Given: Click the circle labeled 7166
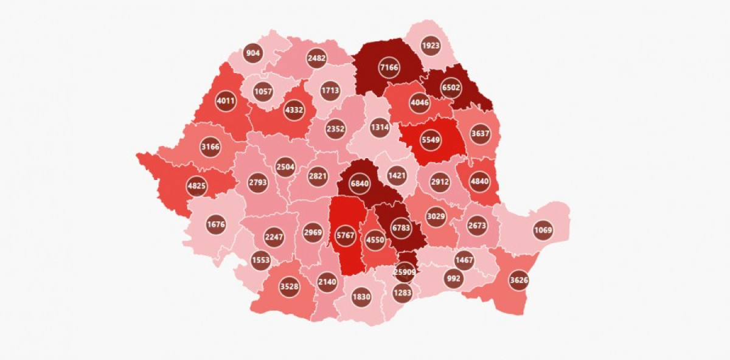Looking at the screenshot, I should pos(389,67).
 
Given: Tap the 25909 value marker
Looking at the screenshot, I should pos(405,272).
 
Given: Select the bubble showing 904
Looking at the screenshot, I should pos(252,53).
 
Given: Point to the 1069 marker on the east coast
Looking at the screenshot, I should pos(543,230).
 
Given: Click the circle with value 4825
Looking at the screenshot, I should pos(196,186).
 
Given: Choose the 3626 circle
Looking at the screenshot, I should pos(519,280).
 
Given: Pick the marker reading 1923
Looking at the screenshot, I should pos(431,46).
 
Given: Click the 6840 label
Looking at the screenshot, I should pos(360,183).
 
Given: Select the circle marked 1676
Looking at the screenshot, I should pos(216,224).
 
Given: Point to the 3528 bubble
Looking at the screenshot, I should pos(289,286).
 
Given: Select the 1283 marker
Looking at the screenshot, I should pos(402,293).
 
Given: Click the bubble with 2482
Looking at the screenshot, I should pos(317,58).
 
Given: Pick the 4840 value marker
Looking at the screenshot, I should pos(479,181).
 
